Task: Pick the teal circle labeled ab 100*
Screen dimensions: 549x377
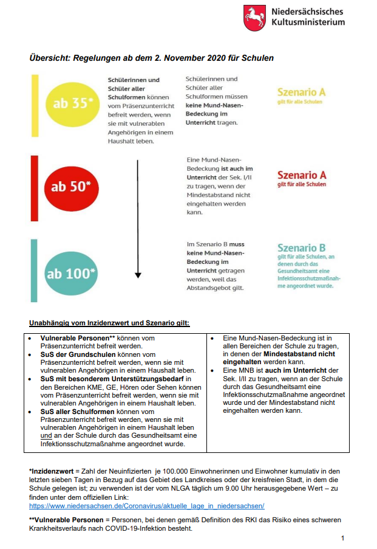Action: coord(72,273)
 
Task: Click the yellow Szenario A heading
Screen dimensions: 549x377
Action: coord(301,92)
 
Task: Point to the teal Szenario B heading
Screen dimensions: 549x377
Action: coord(301,248)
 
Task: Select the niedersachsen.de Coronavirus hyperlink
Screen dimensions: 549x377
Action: coord(146,506)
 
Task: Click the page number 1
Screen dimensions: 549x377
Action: coord(343,538)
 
